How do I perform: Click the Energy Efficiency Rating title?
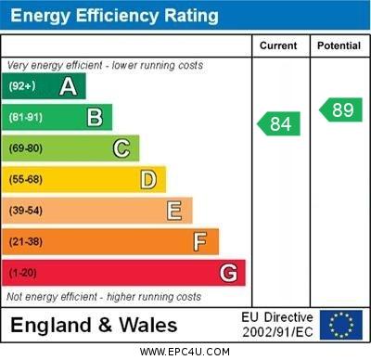click(x=114, y=16)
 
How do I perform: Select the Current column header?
click(x=278, y=45)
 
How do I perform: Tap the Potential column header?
click(x=338, y=45)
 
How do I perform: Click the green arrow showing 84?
click(x=279, y=123)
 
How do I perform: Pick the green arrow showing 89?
click(x=340, y=109)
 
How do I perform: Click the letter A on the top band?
click(x=68, y=86)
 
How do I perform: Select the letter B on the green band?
click(x=94, y=117)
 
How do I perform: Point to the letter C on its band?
click(x=121, y=148)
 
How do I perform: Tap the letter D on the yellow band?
click(x=147, y=179)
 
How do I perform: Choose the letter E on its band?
click(x=173, y=211)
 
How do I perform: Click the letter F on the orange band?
click(x=199, y=241)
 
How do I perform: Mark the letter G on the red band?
click(x=227, y=273)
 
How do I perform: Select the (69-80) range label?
click(x=27, y=148)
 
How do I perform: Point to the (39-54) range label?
click(x=27, y=211)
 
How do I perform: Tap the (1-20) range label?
click(x=24, y=273)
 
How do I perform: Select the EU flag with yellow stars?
click(x=340, y=325)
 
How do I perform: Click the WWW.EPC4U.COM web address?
click(x=185, y=352)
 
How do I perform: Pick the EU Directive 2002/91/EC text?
click(x=277, y=325)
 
